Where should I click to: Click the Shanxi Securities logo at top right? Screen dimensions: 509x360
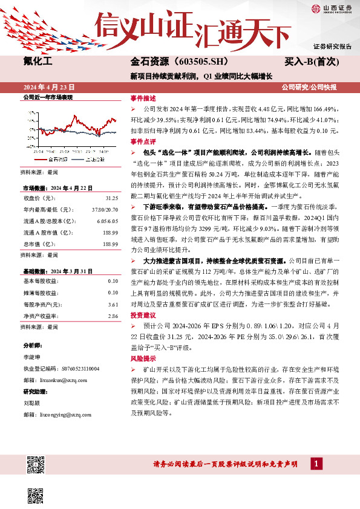click(x=330, y=8)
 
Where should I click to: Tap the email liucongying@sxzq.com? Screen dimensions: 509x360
click(x=60, y=415)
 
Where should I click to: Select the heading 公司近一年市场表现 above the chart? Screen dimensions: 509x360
click(x=48, y=97)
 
